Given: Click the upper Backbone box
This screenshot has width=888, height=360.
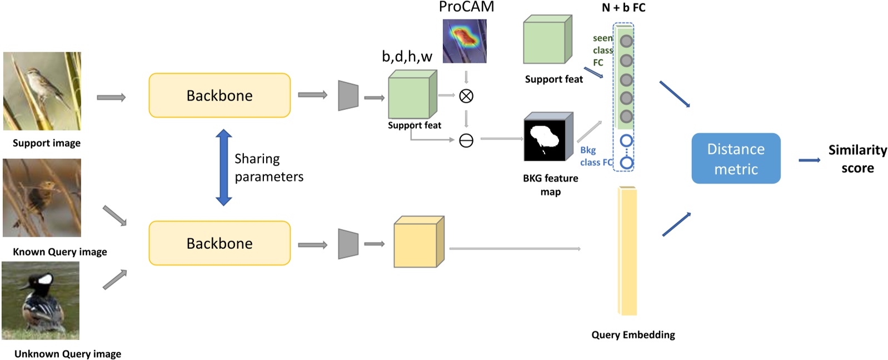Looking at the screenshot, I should click(x=219, y=96).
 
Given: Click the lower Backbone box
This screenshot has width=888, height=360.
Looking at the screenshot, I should click(x=219, y=243).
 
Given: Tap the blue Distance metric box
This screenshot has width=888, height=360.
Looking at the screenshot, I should click(x=735, y=158).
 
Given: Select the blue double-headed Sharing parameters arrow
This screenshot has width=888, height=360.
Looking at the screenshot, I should click(x=223, y=167).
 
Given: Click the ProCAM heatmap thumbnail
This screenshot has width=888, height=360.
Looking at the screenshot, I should click(x=465, y=41).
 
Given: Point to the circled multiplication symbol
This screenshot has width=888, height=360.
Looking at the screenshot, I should click(x=466, y=96).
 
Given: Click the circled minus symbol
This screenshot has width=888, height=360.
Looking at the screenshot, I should click(x=466, y=141).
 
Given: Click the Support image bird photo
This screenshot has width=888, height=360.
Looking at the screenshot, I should click(x=42, y=91).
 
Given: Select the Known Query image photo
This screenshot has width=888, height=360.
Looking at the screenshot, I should click(x=42, y=198).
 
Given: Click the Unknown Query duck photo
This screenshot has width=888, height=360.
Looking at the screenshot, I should click(x=41, y=301).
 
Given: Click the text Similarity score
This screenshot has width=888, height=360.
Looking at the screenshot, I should click(x=857, y=159).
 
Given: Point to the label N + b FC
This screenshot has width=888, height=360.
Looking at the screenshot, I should click(x=623, y=8).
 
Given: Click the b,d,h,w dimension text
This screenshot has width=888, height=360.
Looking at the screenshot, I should click(x=407, y=56).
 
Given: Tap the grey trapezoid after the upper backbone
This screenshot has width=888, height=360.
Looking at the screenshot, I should click(x=348, y=96).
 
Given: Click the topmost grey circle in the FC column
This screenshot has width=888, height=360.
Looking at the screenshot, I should click(x=626, y=41).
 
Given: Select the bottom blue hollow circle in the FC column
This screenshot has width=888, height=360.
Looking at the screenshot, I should click(x=626, y=163).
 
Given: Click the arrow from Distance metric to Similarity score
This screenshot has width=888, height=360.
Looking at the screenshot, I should click(x=809, y=161).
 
